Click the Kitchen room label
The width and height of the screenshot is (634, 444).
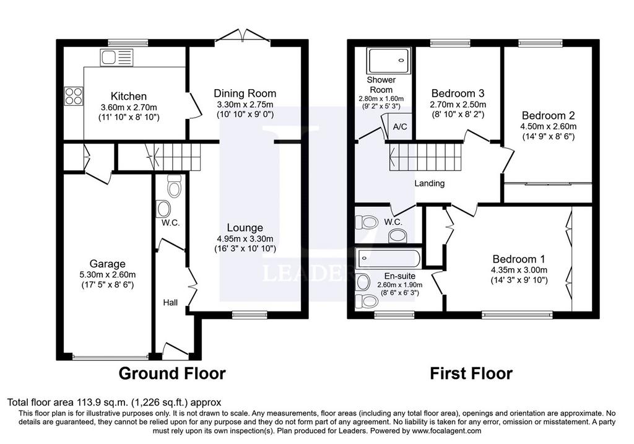pyautogui.click(x=129, y=96)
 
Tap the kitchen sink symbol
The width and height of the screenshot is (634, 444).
pyautogui.click(x=116, y=58)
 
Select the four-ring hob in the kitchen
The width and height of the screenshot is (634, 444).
pyautogui.click(x=74, y=96)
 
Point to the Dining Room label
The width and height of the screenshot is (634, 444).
pyautogui.click(x=245, y=94)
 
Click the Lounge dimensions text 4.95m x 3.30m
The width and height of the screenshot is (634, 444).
pyautogui.click(x=245, y=238)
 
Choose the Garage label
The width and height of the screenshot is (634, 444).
pyautogui.click(x=107, y=264)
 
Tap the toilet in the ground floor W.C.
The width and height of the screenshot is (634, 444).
pyautogui.click(x=174, y=186)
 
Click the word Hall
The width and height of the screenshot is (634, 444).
pyautogui.click(x=170, y=302)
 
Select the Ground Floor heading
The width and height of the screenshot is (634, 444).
pyautogui.click(x=172, y=373)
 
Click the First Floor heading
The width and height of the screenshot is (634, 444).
pyautogui.click(x=471, y=373)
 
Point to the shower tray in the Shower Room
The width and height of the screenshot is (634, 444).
pyautogui.click(x=389, y=61)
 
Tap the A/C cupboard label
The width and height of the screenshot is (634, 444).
pyautogui.click(x=400, y=127)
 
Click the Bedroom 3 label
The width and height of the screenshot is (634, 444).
pyautogui.click(x=458, y=94)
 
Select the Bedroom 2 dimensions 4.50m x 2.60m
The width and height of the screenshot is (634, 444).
pyautogui.click(x=549, y=126)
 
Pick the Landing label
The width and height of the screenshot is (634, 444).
pyautogui.click(x=430, y=183)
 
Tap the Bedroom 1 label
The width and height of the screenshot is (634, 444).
pyautogui.click(x=519, y=259)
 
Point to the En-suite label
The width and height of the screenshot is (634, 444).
pyautogui.click(x=399, y=276)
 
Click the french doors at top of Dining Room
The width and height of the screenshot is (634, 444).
pyautogui.click(x=243, y=35)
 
